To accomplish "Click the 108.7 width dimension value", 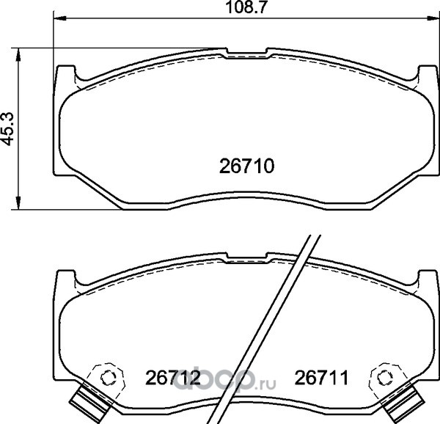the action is click(x=245, y=7).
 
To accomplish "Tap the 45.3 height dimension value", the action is click(x=8, y=129).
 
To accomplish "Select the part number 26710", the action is click(x=246, y=166).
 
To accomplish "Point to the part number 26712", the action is click(x=172, y=378).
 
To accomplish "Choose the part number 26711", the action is click(x=321, y=378).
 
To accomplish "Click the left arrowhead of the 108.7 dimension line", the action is click(x=59, y=18).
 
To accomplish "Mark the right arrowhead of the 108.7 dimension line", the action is click(x=433, y=18).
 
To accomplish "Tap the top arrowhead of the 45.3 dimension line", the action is click(x=18, y=54).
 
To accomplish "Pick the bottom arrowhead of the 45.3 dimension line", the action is click(x=18, y=203).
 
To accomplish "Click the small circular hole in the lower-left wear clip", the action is click(x=108, y=378).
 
